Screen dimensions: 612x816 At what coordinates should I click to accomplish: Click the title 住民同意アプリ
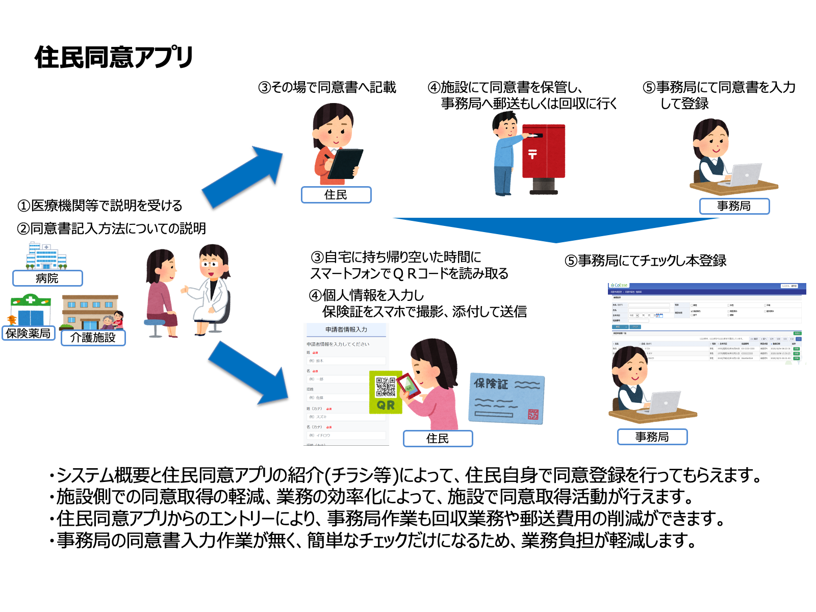[114, 57]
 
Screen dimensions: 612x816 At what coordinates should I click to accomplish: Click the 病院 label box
[47, 278]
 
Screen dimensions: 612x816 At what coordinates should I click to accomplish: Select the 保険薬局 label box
[29, 334]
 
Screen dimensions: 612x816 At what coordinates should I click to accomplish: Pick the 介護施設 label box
[93, 338]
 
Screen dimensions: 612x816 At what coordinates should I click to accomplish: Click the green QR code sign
[386, 392]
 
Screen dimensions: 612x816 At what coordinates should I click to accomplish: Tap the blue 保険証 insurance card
[506, 398]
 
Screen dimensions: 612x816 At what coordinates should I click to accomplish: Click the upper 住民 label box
[336, 195]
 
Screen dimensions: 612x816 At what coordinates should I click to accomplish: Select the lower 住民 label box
[438, 439]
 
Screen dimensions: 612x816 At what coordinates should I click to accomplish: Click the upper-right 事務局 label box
[734, 206]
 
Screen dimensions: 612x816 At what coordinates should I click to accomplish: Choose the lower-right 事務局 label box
[652, 437]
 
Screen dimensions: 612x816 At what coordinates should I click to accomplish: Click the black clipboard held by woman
[346, 164]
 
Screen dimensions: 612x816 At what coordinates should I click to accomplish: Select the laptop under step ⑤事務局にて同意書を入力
[746, 175]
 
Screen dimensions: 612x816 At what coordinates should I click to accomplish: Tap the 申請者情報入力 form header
[346, 329]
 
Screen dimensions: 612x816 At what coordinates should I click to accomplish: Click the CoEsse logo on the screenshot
[619, 286]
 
